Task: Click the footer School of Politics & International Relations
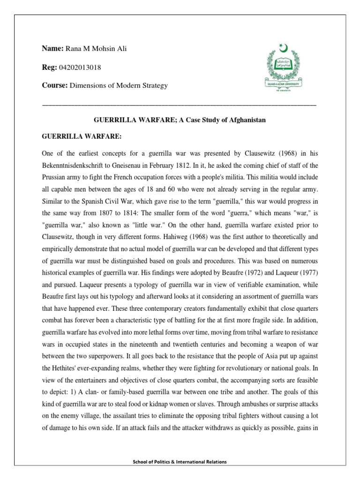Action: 180,462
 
